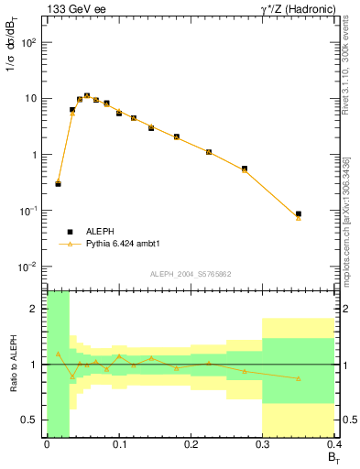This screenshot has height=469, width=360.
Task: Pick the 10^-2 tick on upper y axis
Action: click(x=30, y=267)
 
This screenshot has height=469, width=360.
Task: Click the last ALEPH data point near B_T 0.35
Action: click(x=299, y=213)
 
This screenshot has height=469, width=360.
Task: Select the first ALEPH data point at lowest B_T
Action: click(x=58, y=184)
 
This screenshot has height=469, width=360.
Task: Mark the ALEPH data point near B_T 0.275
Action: click(x=245, y=169)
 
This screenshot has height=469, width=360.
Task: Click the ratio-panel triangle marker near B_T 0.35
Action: click(x=299, y=378)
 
